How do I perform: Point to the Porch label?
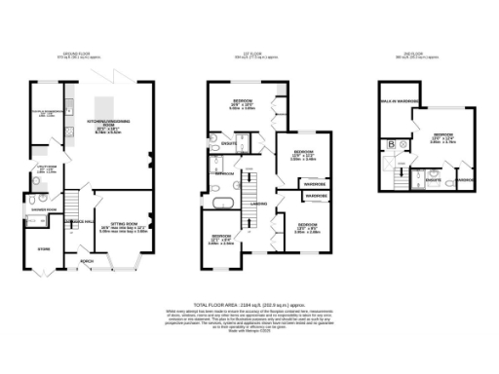pyautogui.click(x=89, y=260)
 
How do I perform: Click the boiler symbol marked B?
pyautogui.click(x=392, y=143)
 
